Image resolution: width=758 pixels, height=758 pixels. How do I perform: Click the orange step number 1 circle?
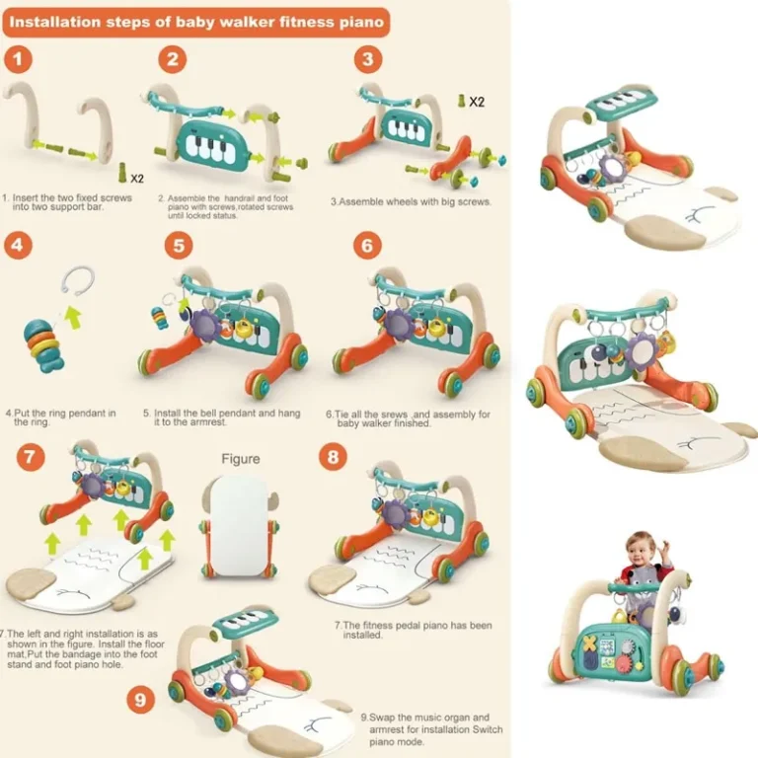pyautogui.click(x=19, y=59)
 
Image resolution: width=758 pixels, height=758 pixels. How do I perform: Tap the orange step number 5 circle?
pyautogui.click(x=179, y=245)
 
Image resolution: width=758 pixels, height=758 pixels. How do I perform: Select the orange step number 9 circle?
pyautogui.click(x=141, y=700)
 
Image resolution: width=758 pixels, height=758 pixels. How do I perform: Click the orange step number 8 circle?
pyautogui.click(x=333, y=457)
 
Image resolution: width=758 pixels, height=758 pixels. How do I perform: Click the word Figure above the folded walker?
pyautogui.click(x=241, y=459)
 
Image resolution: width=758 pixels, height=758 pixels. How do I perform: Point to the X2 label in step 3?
pyautogui.click(x=477, y=102)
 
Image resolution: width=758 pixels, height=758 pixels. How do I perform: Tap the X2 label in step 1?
pyautogui.click(x=137, y=179)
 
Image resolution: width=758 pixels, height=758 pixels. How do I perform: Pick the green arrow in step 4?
pyautogui.click(x=73, y=317)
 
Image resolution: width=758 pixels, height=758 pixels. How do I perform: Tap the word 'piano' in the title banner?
pyautogui.click(x=361, y=23)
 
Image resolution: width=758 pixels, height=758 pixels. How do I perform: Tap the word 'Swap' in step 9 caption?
pyautogui.click(x=382, y=718)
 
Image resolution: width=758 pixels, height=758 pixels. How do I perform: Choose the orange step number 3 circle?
pyautogui.click(x=368, y=59)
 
